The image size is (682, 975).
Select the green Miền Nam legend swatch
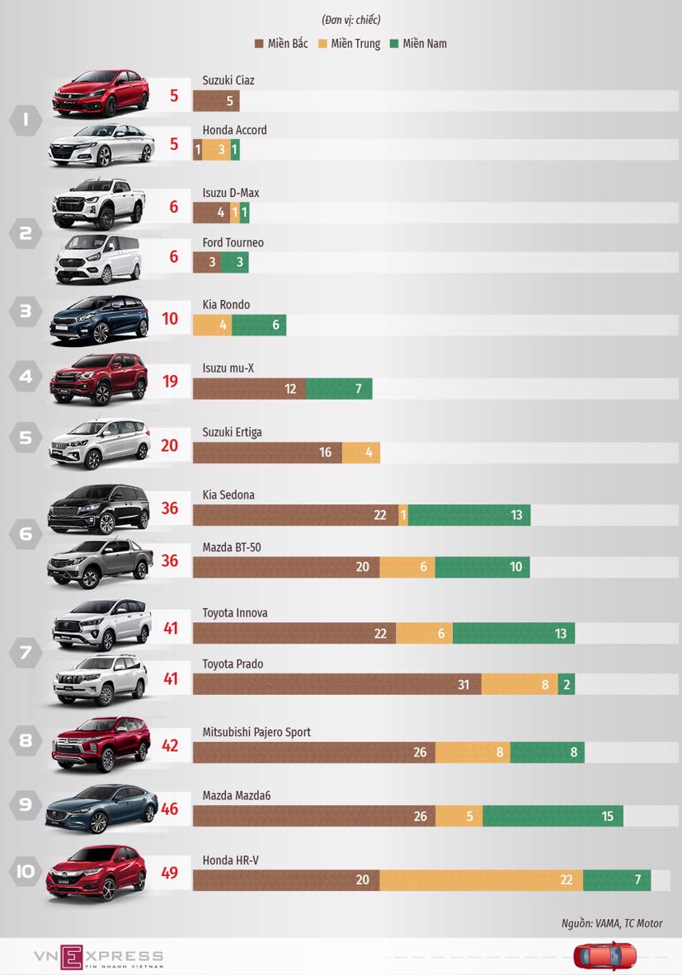pos(395,44)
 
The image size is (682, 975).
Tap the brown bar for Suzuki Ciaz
pos(216,101)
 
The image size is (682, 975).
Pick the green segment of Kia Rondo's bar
pos(259,326)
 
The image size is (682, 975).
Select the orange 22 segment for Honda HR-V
pos(482,880)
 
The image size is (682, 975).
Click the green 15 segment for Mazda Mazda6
pos(553,817)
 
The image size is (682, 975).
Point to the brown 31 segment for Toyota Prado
pos(337,685)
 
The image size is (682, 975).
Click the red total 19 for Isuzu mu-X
pos(170,381)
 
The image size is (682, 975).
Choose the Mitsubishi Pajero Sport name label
pos(256,733)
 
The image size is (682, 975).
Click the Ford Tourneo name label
pos(233,243)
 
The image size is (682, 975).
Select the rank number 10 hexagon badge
pos(26,870)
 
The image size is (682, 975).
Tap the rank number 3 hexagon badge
pos(26,312)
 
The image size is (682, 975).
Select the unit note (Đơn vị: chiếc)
pos(350,20)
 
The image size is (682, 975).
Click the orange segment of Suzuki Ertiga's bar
pos(361,452)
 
